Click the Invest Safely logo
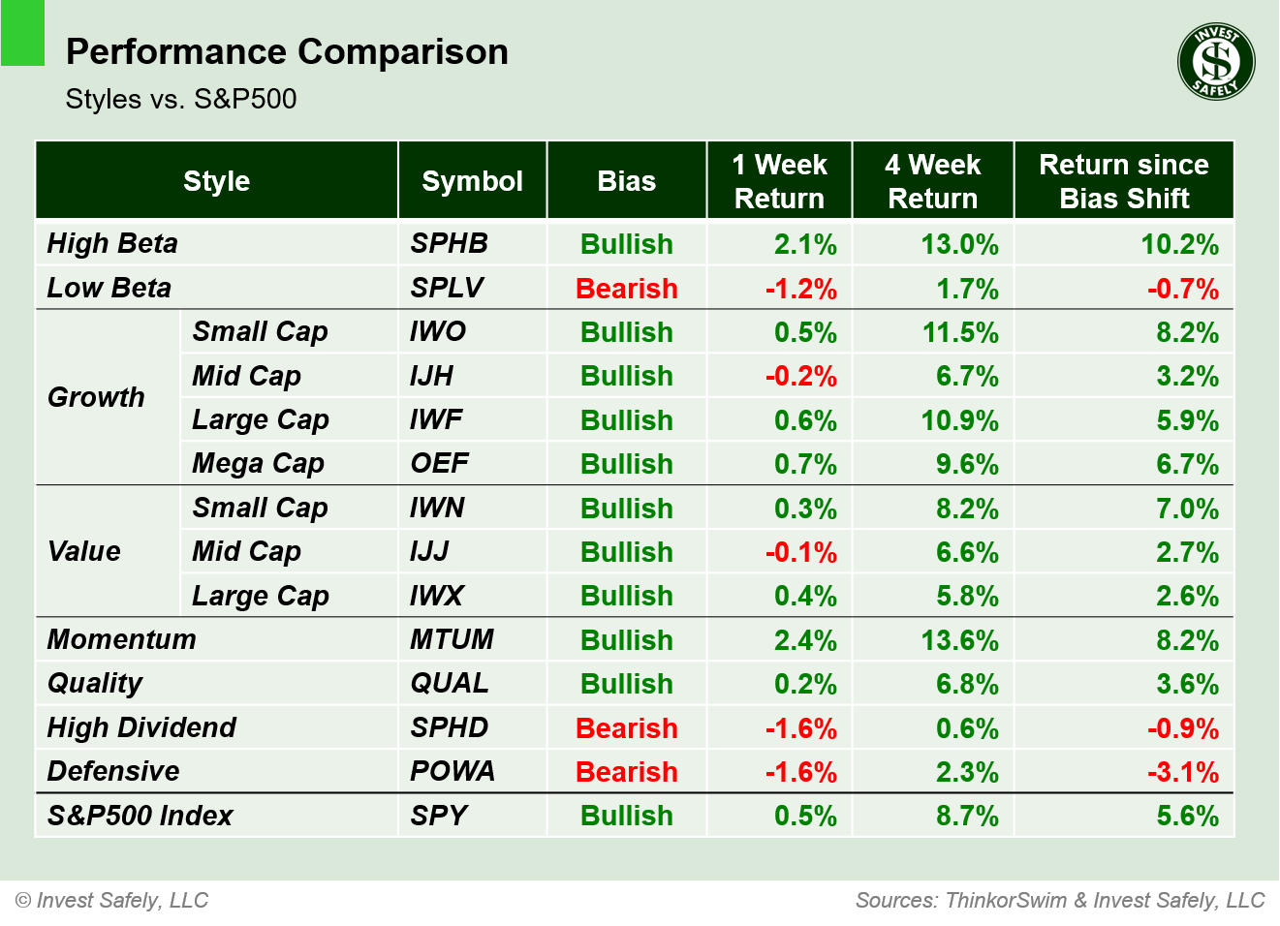coord(1215,62)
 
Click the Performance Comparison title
coord(287,51)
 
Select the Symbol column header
coord(472,181)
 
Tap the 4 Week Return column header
coord(932,181)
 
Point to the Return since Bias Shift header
coord(1123,181)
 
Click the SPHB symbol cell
coord(449,243)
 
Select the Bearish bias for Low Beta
coord(626,289)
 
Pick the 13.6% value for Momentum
coord(959,640)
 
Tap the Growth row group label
coord(96,397)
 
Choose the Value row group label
coord(84,551)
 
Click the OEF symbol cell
coord(439,463)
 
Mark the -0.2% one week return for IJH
coord(800,376)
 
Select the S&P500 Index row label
coord(140,816)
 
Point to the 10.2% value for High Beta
coord(1179,244)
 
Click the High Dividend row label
coord(141,727)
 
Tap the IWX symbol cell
coord(436,596)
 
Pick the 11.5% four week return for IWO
coord(959,332)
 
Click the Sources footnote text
coord(1059,900)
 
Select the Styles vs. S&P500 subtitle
coord(181,99)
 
